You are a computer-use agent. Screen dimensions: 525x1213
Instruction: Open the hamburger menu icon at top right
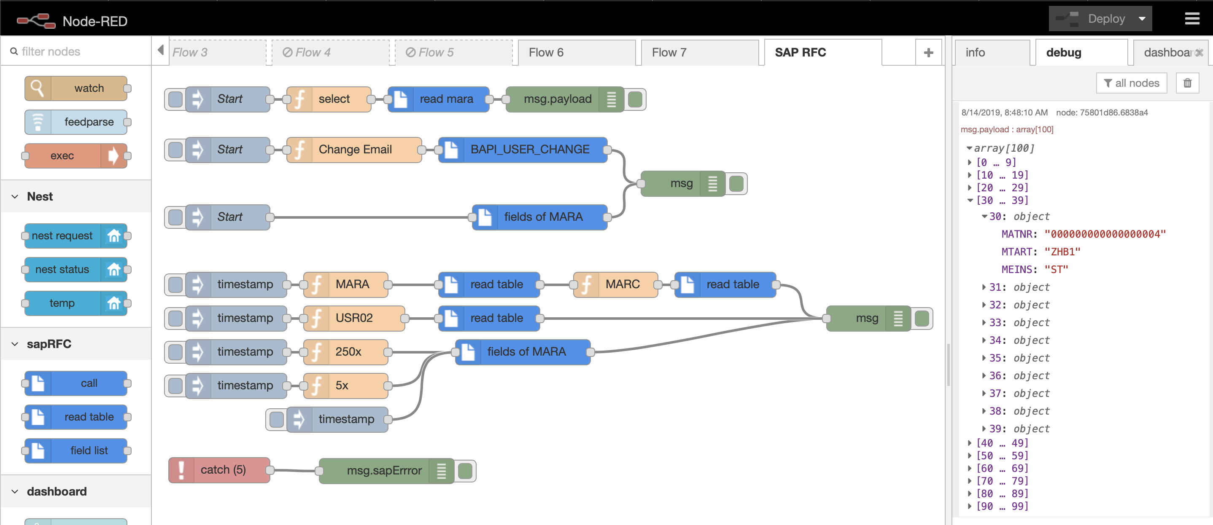1192,19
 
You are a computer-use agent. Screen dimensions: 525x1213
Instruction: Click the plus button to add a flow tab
928,53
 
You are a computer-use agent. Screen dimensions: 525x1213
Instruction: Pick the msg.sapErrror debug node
383,470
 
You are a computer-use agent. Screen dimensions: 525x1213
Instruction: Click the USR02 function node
354,318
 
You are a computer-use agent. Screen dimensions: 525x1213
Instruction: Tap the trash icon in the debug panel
1187,83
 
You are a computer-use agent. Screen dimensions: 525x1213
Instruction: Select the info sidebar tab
975,53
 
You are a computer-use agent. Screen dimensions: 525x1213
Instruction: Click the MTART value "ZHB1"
1062,252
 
